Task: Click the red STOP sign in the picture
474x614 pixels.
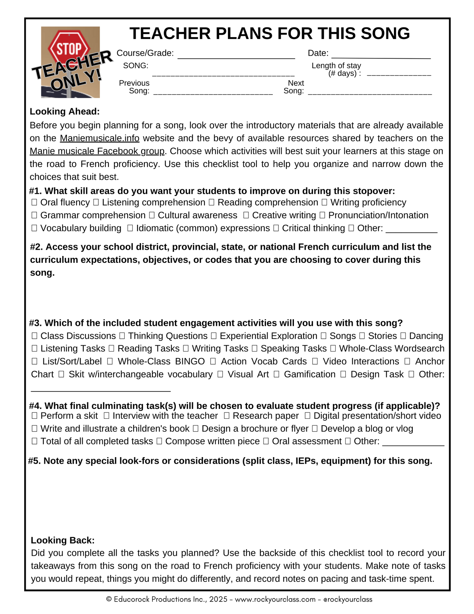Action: click(x=69, y=49)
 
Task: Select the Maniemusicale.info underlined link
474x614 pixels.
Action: click(x=99, y=138)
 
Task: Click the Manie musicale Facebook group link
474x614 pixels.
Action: click(x=97, y=151)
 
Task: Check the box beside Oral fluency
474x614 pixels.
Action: click(x=34, y=202)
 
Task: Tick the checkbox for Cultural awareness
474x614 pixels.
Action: click(x=152, y=215)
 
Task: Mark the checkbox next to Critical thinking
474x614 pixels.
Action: click(x=276, y=228)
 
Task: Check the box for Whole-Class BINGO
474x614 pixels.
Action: click(x=110, y=361)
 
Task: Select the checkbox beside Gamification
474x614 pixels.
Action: click(x=276, y=374)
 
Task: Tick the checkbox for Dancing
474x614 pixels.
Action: click(x=403, y=336)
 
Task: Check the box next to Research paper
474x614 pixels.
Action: click(x=226, y=416)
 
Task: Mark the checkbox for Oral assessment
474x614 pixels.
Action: click(x=266, y=441)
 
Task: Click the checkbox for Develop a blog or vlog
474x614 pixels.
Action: click(x=315, y=429)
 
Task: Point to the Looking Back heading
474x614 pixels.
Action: click(x=63, y=540)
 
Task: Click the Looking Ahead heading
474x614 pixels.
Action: click(x=65, y=112)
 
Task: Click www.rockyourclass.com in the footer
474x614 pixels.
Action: click(x=275, y=599)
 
